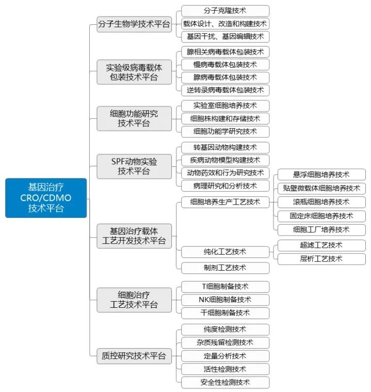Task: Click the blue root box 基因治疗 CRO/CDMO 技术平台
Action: [x=46, y=198]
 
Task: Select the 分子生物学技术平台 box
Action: [x=134, y=24]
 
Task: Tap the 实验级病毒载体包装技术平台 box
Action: [x=134, y=72]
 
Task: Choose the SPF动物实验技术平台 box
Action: [x=134, y=166]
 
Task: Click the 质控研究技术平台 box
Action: [x=134, y=356]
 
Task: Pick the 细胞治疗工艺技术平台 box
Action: [x=134, y=300]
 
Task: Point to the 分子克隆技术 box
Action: [x=225, y=11]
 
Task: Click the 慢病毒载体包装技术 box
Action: [x=225, y=65]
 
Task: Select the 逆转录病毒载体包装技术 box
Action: [x=225, y=90]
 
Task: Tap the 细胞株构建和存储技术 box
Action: [x=225, y=118]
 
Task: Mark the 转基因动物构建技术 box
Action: [x=225, y=148]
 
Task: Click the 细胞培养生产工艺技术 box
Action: [x=225, y=202]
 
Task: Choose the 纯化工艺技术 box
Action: [x=225, y=252]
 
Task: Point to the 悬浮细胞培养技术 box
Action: [x=321, y=175]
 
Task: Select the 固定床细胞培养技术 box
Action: [x=321, y=216]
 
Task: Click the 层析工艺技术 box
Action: [x=321, y=259]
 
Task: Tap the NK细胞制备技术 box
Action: [x=225, y=300]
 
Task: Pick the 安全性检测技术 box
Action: [x=225, y=383]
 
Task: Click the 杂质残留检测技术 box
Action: [x=225, y=342]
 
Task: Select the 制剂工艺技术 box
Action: [x=225, y=268]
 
